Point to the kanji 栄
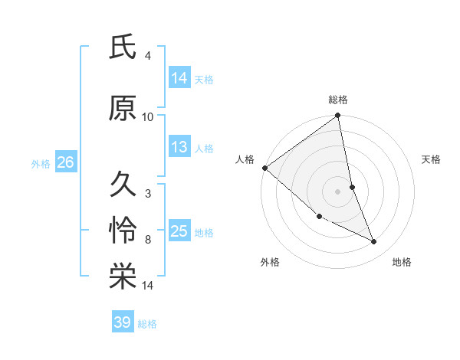point(123,278)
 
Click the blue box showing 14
point(179,77)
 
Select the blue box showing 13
point(179,147)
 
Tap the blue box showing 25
point(179,231)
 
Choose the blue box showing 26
point(65,162)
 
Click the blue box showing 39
point(123,322)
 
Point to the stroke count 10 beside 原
point(148,117)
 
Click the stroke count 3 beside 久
point(148,194)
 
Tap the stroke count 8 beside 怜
point(148,240)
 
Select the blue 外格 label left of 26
point(41,163)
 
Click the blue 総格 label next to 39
point(147,323)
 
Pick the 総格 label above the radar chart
point(338,100)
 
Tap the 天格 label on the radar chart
point(432,159)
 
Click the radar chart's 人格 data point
point(264,168)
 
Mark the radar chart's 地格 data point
point(374,242)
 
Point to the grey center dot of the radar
point(338,191)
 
